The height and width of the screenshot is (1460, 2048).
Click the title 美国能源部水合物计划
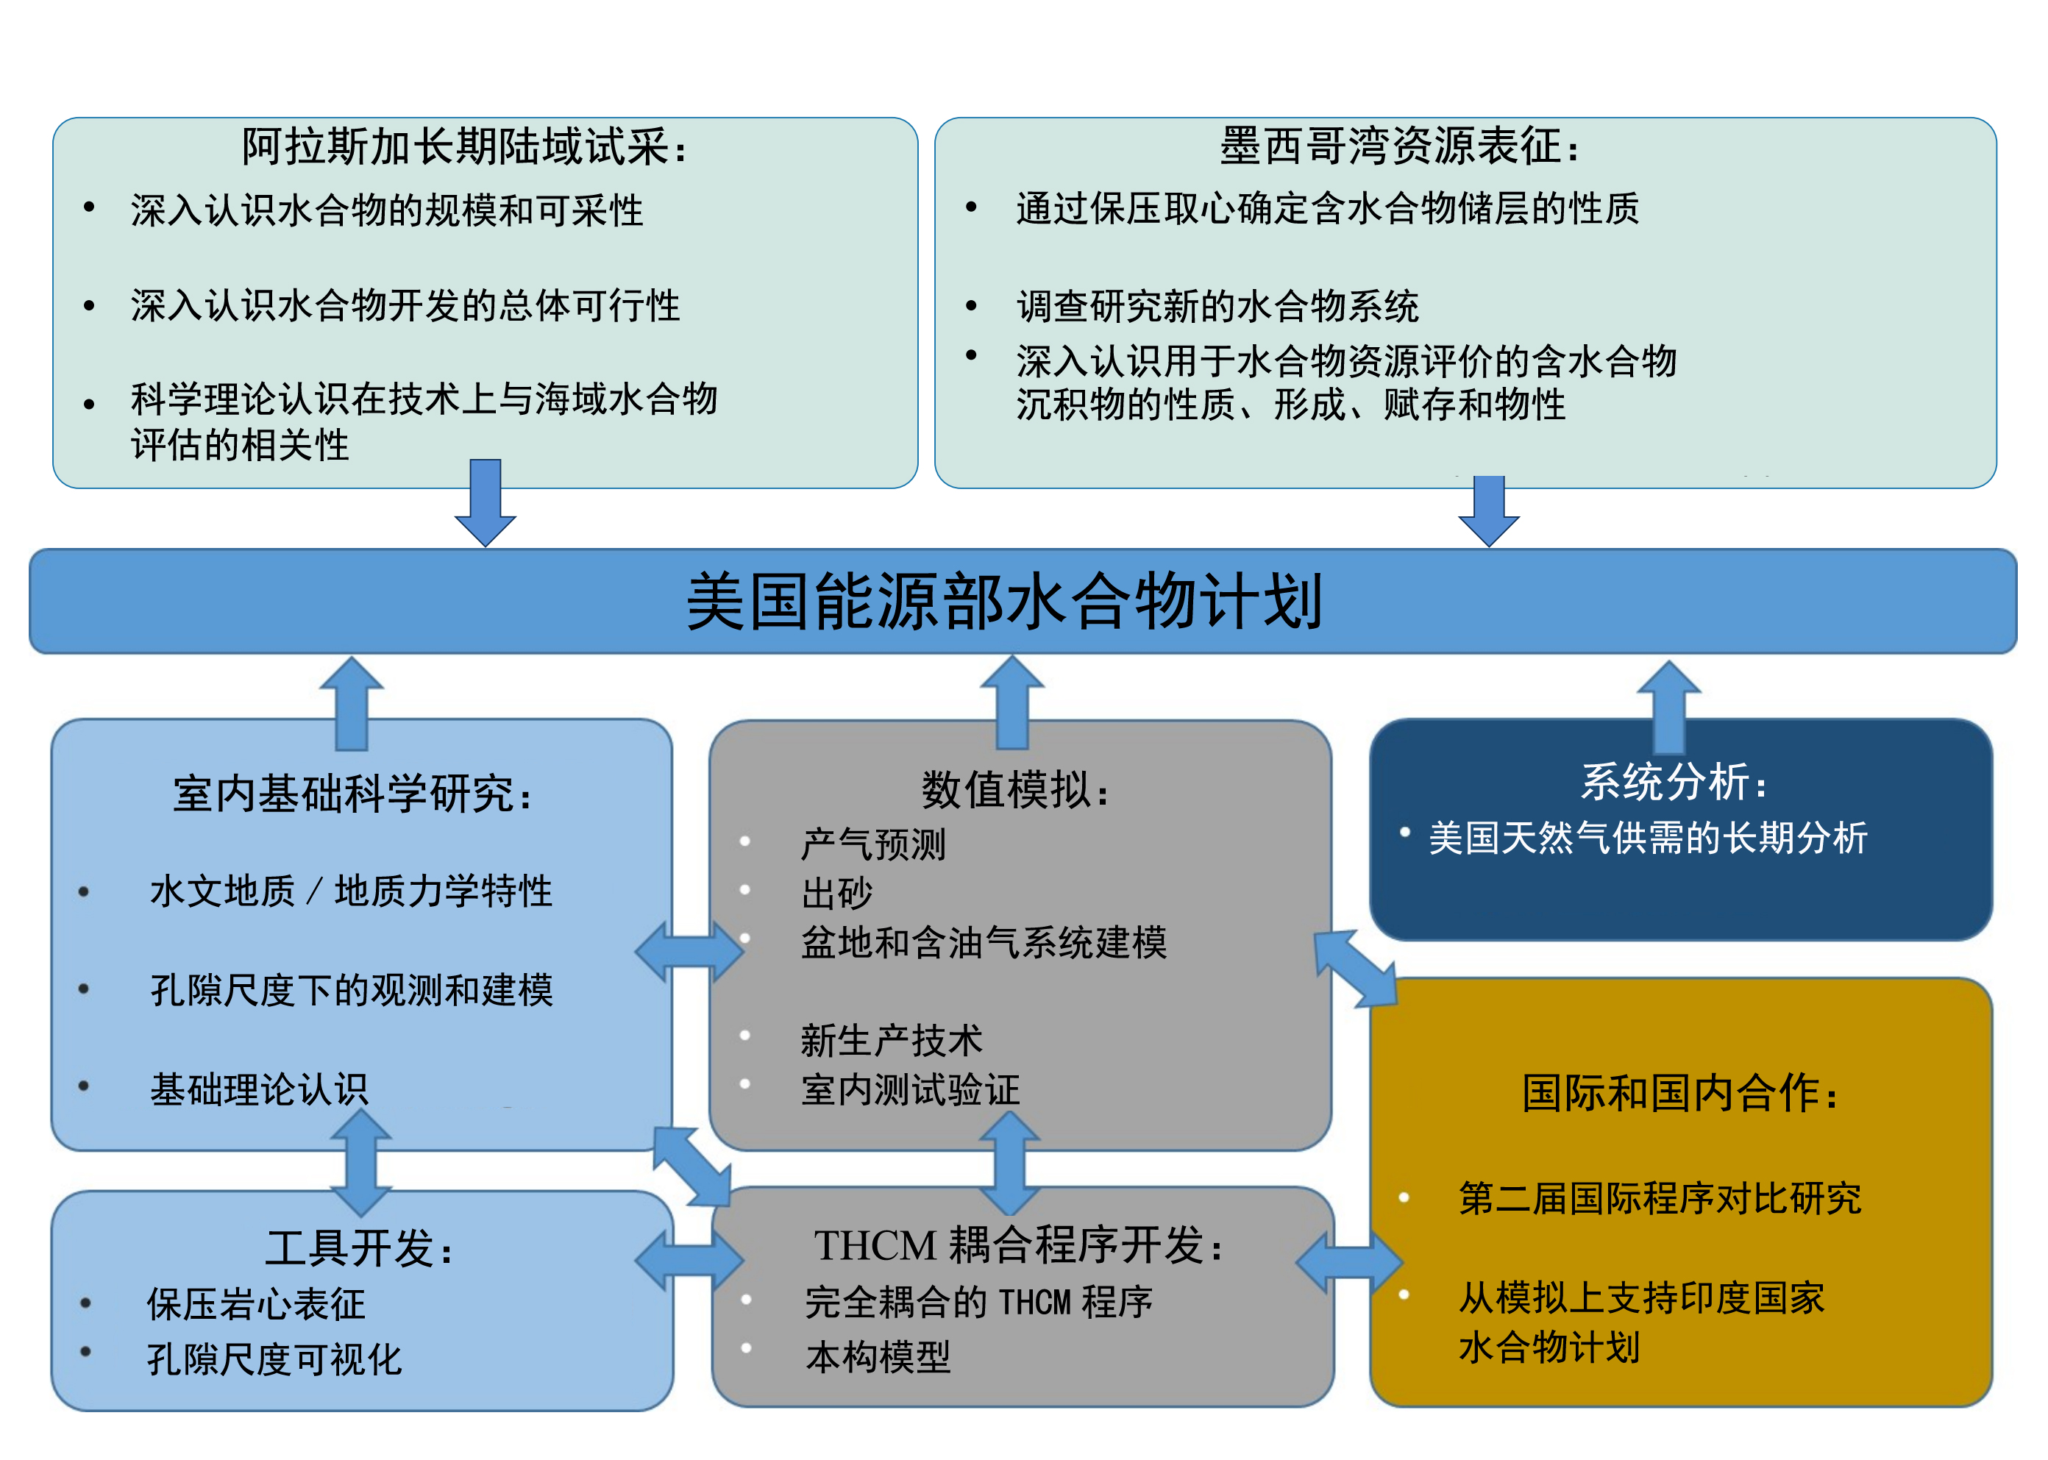click(1004, 602)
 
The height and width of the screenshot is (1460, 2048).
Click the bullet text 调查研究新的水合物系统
click(1217, 307)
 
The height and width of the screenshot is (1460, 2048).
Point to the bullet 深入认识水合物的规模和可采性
click(387, 210)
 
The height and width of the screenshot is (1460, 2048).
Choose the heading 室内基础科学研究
click(352, 794)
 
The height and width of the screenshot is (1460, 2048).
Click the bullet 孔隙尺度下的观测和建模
click(352, 990)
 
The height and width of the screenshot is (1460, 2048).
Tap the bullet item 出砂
click(837, 894)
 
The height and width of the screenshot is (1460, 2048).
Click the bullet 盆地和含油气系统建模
click(984, 942)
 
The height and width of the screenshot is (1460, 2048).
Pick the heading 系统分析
click(1673, 781)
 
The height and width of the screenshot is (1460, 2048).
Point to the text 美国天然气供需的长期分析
click(1648, 838)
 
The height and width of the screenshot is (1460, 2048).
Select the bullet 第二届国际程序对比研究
click(1660, 1198)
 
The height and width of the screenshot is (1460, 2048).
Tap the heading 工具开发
click(359, 1248)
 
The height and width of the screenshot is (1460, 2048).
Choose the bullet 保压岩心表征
click(256, 1303)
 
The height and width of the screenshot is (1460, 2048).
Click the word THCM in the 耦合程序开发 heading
click(875, 1246)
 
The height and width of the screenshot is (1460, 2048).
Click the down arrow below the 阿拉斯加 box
click(486, 503)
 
